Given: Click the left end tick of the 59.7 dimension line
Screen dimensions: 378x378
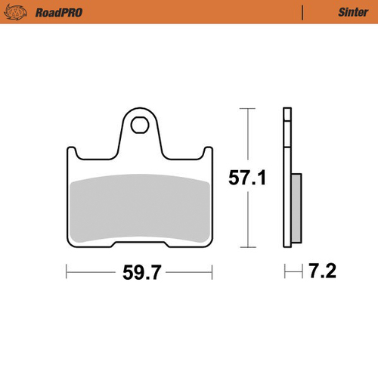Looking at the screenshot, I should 67,270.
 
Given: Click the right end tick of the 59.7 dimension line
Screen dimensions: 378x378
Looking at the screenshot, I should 212,270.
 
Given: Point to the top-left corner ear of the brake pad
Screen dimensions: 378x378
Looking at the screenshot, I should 71,151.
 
